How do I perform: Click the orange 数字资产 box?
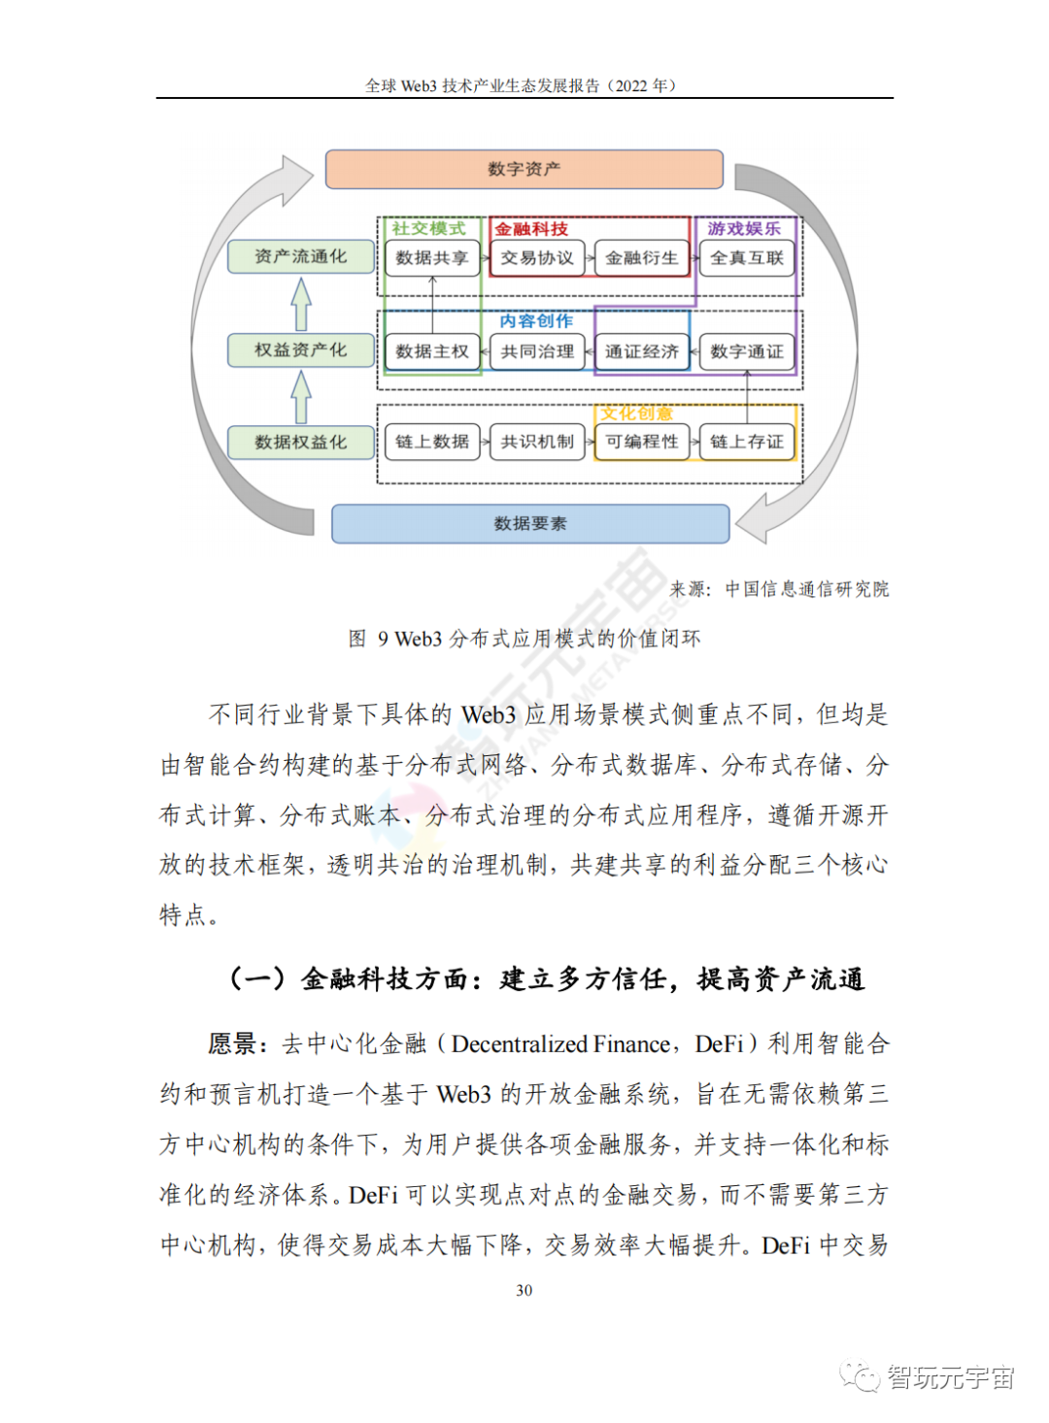524,169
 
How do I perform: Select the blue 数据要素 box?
530,523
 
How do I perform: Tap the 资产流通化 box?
301,256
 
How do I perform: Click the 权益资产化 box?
301,349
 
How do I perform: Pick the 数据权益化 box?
301,442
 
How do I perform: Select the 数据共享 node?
432,258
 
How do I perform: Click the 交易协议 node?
537,258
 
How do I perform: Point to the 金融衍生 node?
641,258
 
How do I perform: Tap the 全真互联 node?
747,258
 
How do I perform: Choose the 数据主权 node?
432,351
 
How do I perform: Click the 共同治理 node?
537,351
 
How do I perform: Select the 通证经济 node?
641,351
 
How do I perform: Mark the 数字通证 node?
747,351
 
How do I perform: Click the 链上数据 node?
432,442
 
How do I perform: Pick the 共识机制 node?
537,442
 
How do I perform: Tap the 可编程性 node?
641,442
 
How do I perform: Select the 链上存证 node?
747,442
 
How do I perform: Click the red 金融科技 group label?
531,229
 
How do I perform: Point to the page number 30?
524,1290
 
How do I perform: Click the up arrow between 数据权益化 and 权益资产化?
301,397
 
